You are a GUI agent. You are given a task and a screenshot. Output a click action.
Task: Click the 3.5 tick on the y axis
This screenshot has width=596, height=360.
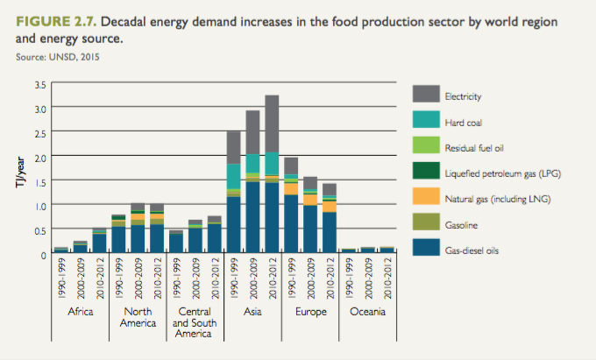(x=39, y=84)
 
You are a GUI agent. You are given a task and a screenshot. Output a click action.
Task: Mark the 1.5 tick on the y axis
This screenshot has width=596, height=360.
(x=39, y=181)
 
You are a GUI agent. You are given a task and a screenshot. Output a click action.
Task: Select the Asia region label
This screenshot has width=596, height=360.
(x=252, y=311)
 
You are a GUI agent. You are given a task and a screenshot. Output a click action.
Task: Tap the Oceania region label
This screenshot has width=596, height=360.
(x=366, y=311)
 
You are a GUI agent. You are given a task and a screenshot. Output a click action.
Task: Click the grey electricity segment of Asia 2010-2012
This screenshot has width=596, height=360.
(x=272, y=124)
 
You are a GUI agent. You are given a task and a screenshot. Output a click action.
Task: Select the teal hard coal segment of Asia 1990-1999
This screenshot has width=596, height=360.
(x=233, y=176)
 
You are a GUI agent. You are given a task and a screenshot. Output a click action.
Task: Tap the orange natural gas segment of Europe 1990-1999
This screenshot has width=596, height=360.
(x=291, y=213)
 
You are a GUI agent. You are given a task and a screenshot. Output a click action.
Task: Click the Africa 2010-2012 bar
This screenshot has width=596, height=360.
(x=99, y=243)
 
